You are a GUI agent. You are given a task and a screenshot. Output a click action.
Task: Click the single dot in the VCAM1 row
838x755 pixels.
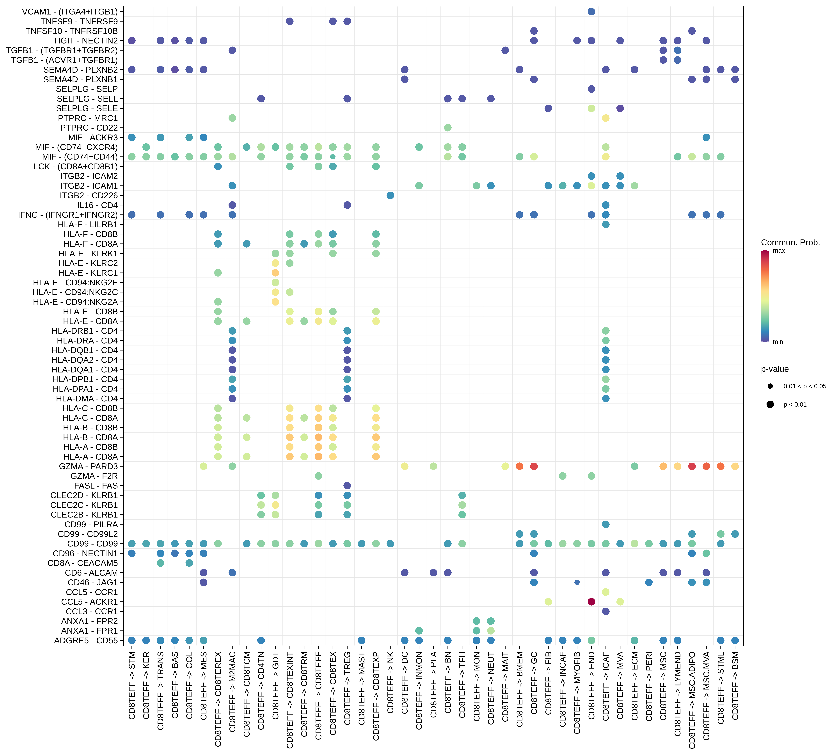pyautogui.click(x=591, y=12)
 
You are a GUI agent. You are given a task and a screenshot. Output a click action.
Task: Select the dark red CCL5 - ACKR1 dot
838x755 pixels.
pyautogui.click(x=591, y=602)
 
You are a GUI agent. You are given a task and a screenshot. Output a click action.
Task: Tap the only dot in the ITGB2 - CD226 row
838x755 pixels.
pyautogui.click(x=390, y=195)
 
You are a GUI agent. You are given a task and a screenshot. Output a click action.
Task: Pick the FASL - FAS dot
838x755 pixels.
pyautogui.click(x=347, y=485)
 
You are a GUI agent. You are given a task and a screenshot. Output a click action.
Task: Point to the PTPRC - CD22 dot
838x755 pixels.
pyautogui.click(x=448, y=127)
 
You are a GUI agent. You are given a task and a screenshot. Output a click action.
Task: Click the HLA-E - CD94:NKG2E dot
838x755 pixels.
pyautogui.click(x=275, y=282)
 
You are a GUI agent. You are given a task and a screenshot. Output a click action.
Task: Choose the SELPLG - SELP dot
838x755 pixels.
pyautogui.click(x=591, y=89)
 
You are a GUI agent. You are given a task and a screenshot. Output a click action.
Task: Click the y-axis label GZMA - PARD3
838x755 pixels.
pyautogui.click(x=88, y=466)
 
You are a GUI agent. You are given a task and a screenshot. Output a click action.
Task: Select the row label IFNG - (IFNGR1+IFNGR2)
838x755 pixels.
pyautogui.click(x=67, y=215)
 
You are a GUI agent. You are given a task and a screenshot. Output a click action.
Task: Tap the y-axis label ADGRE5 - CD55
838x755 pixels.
pyautogui.click(x=86, y=640)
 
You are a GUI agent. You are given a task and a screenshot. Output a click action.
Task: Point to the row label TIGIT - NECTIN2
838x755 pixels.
pyautogui.click(x=85, y=41)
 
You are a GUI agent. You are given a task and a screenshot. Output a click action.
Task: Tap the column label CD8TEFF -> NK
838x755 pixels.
pyautogui.click(x=390, y=682)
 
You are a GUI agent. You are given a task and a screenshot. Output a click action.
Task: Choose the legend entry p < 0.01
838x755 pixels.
pyautogui.click(x=794, y=404)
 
